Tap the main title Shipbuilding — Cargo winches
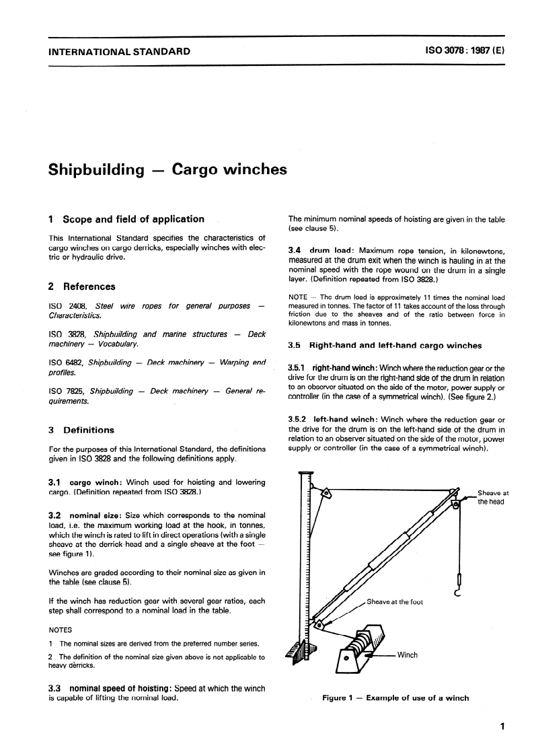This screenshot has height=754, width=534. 168,169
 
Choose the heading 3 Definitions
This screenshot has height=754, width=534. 82,430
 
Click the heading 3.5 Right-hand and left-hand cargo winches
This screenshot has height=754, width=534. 385,346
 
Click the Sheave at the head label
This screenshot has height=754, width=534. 493,497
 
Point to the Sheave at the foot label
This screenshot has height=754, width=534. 394,601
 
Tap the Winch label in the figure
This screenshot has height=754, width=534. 408,654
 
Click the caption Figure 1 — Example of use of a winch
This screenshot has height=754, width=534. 395,698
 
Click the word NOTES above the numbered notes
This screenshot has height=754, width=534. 61,630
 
